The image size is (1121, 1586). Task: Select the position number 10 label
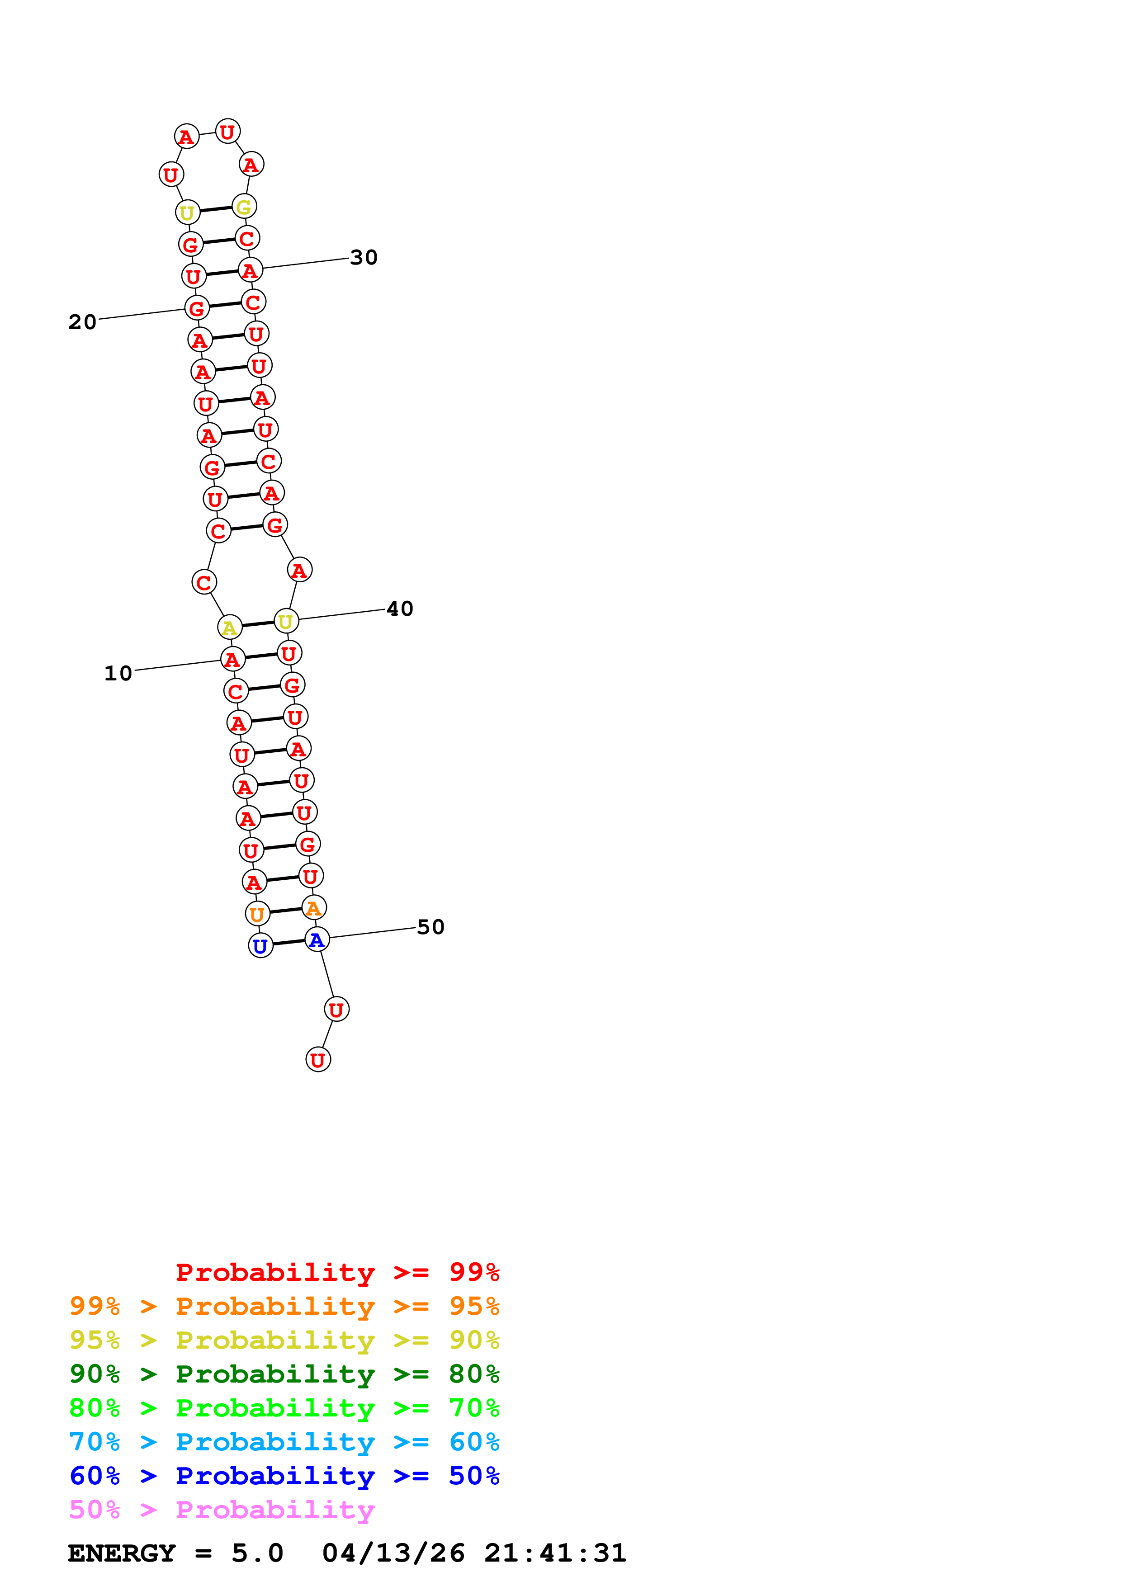118,674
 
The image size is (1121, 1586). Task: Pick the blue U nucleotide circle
260,946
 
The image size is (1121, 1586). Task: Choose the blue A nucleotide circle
317,939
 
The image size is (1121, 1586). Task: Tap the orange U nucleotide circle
257,914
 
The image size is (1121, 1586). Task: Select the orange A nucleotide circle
313,908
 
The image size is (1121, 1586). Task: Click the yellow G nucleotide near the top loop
244,207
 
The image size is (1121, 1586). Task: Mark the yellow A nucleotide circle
229,627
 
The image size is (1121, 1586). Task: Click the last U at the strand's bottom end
318,1060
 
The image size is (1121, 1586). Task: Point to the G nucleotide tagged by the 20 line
197,308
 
